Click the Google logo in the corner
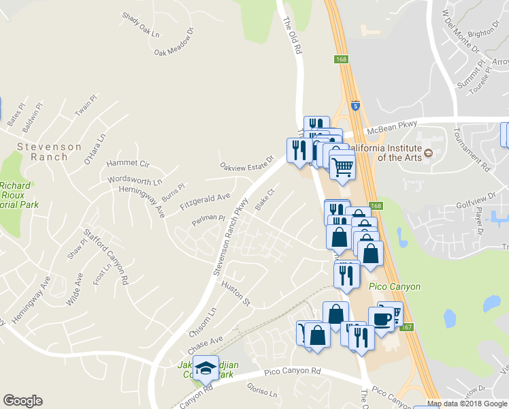tap(22, 401)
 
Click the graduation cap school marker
tap(204, 369)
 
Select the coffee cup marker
tap(381, 318)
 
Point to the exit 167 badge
tap(407, 327)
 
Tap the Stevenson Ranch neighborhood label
tap(49, 151)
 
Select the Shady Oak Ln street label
tap(140, 25)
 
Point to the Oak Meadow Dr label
tap(174, 42)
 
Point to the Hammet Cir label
tap(128, 164)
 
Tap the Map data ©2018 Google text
tap(466, 404)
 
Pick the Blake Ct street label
tap(264, 199)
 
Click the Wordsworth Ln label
tap(135, 181)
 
